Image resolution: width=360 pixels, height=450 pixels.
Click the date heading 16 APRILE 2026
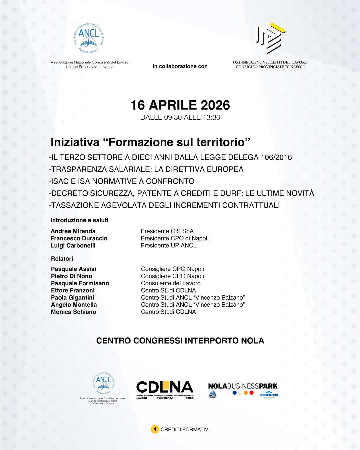click(x=180, y=105)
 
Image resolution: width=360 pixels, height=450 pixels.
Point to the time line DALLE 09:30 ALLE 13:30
click(x=180, y=118)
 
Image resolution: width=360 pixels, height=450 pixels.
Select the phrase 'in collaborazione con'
click(x=180, y=66)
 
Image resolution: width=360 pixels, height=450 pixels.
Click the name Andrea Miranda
click(x=73, y=231)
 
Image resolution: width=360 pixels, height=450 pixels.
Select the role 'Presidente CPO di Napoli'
click(x=174, y=238)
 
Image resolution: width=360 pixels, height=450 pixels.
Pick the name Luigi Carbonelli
click(x=73, y=246)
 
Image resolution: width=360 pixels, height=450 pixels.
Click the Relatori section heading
click(x=62, y=259)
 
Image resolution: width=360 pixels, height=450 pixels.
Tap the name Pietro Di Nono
click(x=72, y=276)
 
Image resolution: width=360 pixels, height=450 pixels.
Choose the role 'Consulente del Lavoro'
click(x=171, y=283)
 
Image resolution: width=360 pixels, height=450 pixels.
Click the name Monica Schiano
click(x=74, y=312)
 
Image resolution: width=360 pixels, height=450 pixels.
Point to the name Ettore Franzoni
click(x=73, y=291)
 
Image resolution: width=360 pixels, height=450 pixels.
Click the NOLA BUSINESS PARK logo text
click(x=243, y=386)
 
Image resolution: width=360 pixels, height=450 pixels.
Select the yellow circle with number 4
click(x=155, y=429)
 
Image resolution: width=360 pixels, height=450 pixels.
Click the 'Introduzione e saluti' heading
click(x=79, y=220)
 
